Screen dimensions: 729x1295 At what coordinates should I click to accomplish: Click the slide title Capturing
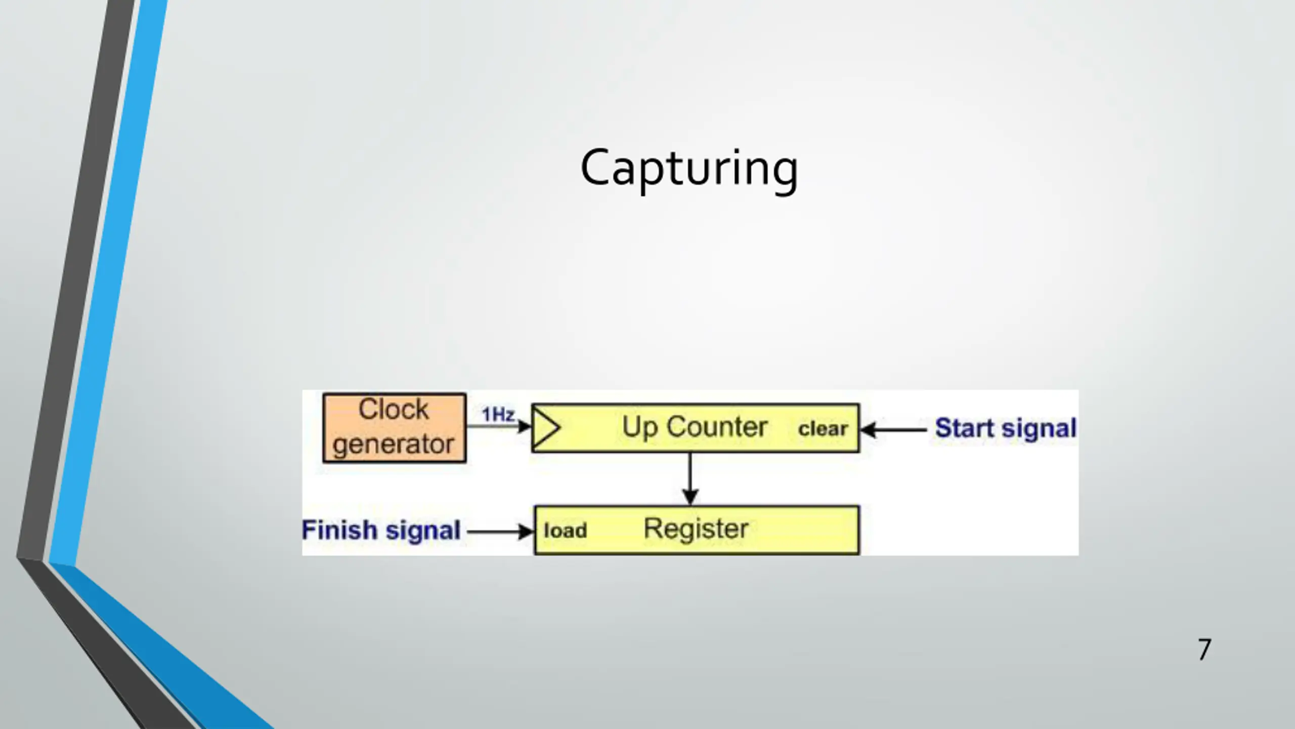689,168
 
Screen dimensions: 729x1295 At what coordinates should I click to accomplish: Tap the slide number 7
1204,650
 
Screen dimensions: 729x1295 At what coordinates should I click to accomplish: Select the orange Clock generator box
395,428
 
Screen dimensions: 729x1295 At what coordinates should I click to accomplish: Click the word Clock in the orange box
394,409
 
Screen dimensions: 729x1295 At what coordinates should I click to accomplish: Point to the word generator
394,444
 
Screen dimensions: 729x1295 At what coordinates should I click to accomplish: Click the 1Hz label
498,415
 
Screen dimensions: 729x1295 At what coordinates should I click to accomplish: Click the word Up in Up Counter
639,427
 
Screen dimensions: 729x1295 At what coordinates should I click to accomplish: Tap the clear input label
823,429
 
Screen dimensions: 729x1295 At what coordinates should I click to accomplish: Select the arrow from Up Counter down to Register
690,478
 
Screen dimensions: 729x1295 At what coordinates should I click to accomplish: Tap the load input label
565,531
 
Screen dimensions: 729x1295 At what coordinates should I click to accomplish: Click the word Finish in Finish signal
339,530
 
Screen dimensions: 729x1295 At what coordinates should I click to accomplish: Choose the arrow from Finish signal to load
500,532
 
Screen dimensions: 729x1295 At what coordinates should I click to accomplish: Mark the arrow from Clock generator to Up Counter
498,426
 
